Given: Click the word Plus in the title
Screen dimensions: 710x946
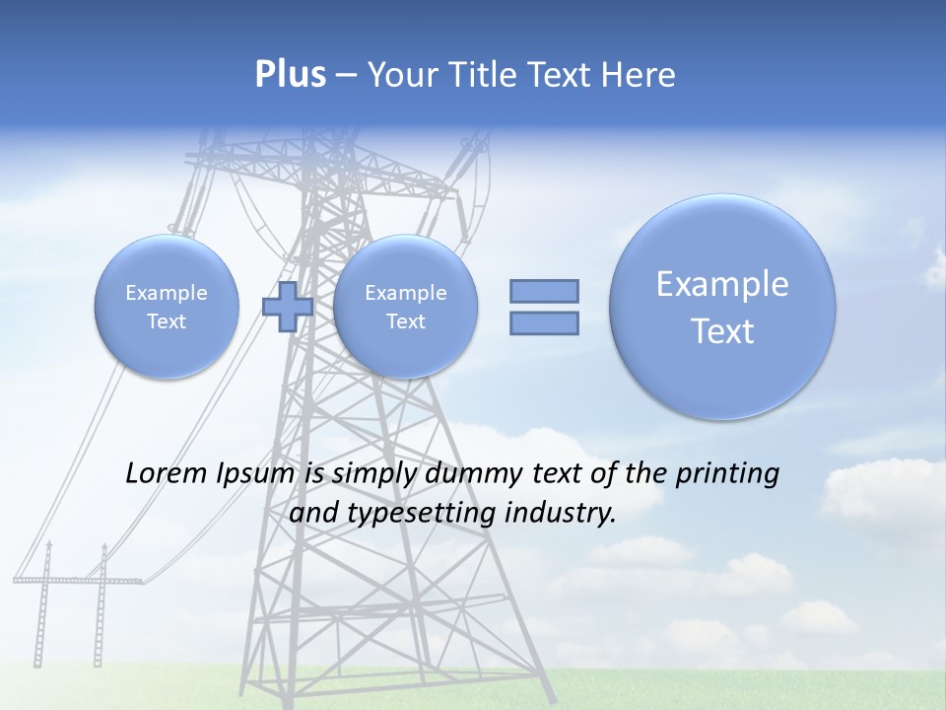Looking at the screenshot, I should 290,75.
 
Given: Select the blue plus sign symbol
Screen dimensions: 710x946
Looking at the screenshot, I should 288,307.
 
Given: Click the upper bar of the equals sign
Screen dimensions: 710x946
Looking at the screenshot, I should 544,291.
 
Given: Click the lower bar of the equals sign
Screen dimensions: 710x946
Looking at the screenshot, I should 544,323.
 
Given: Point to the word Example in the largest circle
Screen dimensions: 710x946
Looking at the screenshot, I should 722,284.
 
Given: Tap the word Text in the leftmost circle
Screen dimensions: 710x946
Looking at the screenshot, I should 167,321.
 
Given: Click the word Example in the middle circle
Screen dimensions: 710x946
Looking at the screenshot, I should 405,293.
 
